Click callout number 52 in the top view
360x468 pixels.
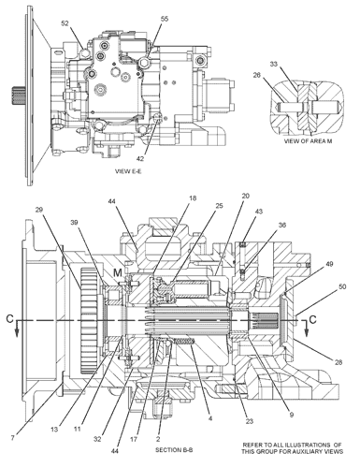65,23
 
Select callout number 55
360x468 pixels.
165,19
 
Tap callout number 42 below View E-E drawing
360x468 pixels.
140,158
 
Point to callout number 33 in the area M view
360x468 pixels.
273,64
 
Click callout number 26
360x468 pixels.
256,75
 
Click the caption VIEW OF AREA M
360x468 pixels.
308,141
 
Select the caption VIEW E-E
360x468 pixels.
128,171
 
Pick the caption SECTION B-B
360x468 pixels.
174,450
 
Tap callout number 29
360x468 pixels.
38,210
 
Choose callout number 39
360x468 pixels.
74,223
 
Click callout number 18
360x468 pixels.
193,198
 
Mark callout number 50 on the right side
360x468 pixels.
342,286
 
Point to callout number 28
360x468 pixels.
338,362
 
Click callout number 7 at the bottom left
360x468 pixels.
12,438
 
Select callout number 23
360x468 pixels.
250,421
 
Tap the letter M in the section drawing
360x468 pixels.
118,272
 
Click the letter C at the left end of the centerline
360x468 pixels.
10,318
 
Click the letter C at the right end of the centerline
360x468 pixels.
312,319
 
